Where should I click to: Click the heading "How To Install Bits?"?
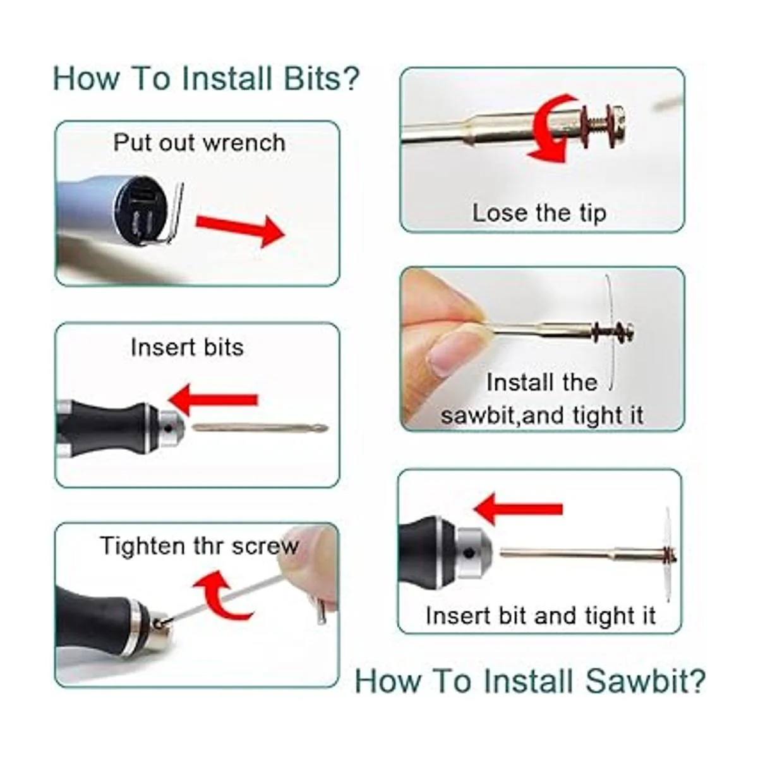pos(206,78)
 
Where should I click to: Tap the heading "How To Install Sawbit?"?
pos(529,680)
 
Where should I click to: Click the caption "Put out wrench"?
pos(199,142)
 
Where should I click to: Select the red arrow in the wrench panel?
pos(240,229)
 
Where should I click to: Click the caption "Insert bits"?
pos(187,347)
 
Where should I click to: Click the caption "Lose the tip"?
pos(539,213)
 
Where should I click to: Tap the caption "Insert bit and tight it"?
pos(541,615)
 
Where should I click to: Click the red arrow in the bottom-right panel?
pos(518,509)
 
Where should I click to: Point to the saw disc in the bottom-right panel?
pos(667,553)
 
